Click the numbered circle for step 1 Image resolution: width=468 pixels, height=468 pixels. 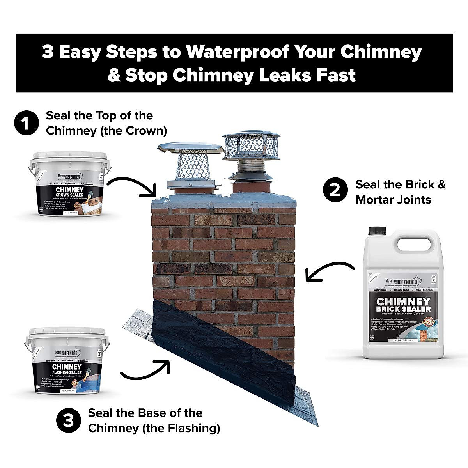(27, 123)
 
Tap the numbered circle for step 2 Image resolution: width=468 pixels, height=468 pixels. (335, 191)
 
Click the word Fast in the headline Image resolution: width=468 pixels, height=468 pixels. (337, 75)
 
